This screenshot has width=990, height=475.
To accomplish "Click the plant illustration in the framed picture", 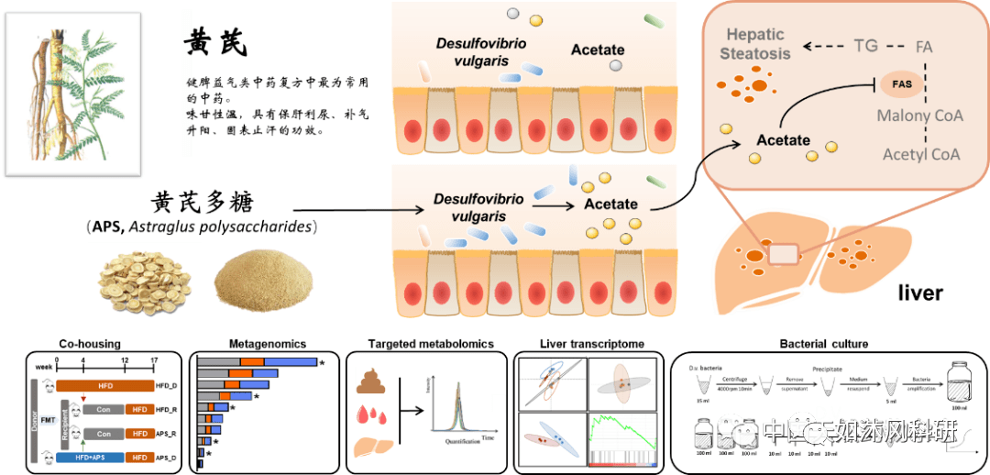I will point(73,94).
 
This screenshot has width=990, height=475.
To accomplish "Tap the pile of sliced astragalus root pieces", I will point(137,276).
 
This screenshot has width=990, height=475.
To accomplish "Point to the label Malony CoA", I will point(919,116).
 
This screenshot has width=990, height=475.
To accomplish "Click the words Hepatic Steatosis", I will point(754,44).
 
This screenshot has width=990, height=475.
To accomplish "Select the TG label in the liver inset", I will point(865,45).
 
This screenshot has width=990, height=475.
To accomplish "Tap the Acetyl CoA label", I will point(921,154).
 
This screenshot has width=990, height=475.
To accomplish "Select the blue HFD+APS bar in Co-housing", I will point(87,457).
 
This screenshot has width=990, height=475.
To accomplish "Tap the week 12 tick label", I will point(124,360).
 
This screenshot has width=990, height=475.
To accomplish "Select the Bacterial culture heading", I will point(823,345).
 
